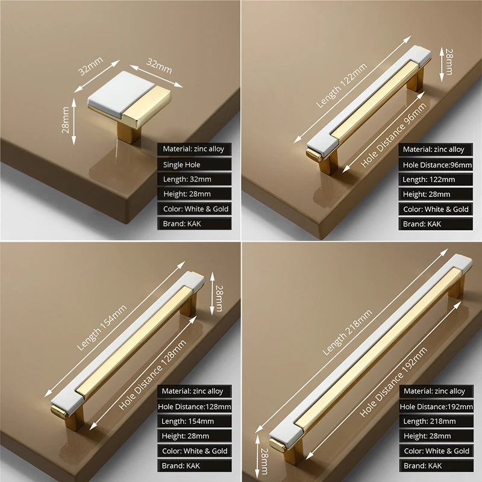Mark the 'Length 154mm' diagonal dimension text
click(102, 328)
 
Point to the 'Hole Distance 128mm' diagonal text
click(153, 374)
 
